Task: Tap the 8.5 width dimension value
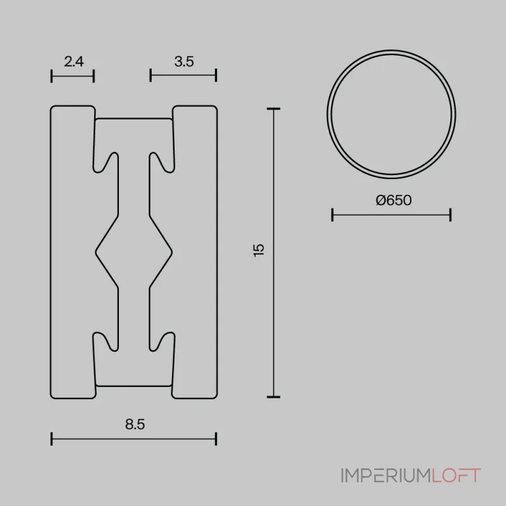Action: (135, 424)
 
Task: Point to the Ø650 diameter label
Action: (393, 201)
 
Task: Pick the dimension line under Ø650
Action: (392, 216)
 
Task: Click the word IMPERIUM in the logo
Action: (385, 476)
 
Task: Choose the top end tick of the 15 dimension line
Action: (273, 109)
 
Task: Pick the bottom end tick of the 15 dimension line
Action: (273, 397)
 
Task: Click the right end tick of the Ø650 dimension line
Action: (450, 216)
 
